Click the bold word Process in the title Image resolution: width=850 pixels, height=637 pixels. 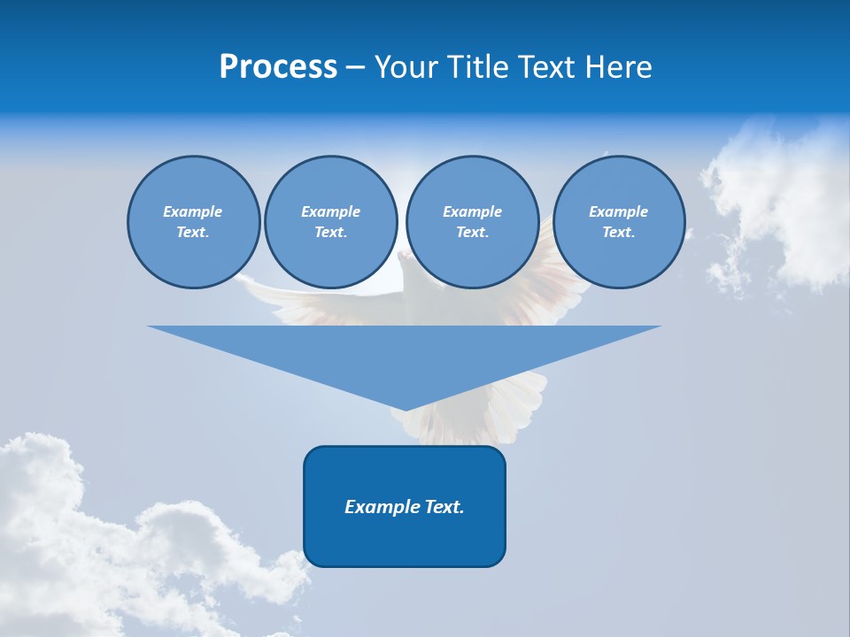(278, 67)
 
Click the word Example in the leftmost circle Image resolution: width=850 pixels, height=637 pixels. (193, 211)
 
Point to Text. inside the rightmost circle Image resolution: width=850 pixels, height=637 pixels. (618, 232)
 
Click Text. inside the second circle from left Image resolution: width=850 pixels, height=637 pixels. (330, 232)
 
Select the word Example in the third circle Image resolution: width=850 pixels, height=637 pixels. (472, 211)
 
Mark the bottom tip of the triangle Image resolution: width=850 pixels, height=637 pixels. (405, 408)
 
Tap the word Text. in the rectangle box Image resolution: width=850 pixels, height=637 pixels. (444, 507)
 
